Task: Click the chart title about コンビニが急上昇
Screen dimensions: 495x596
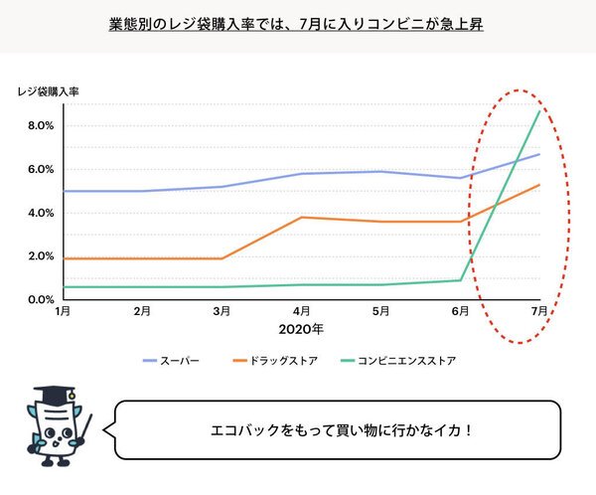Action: tap(297, 22)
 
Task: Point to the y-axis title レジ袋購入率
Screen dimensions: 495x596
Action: tap(49, 92)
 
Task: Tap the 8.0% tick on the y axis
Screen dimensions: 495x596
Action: tap(39, 126)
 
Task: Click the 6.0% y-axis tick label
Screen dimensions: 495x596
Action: tap(39, 169)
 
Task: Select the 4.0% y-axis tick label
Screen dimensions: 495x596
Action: tap(39, 213)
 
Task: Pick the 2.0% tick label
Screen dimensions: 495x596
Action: tap(39, 256)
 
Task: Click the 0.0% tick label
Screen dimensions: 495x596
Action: tap(39, 299)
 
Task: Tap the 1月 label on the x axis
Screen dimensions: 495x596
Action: tap(63, 311)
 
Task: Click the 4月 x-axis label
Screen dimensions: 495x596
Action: tap(301, 311)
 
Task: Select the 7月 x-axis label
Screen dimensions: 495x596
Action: tap(538, 311)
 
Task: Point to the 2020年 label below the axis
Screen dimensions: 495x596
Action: tap(302, 329)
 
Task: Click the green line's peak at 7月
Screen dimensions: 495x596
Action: tap(539, 111)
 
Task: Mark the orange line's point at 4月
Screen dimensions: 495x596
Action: tap(301, 217)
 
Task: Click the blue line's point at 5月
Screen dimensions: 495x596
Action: tap(380, 171)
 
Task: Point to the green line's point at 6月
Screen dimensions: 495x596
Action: tap(460, 279)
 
